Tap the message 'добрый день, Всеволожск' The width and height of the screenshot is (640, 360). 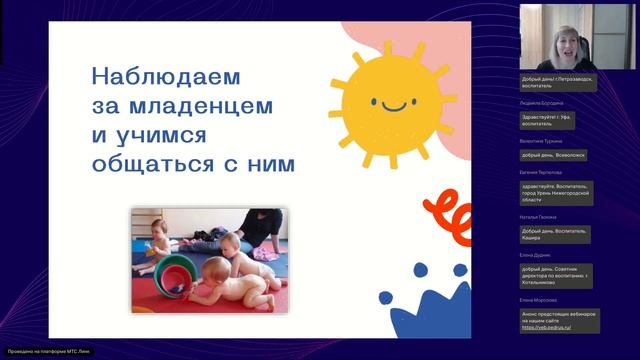pyautogui.click(x=551, y=156)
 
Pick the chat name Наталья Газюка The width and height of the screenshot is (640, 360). pyautogui.click(x=539, y=217)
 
